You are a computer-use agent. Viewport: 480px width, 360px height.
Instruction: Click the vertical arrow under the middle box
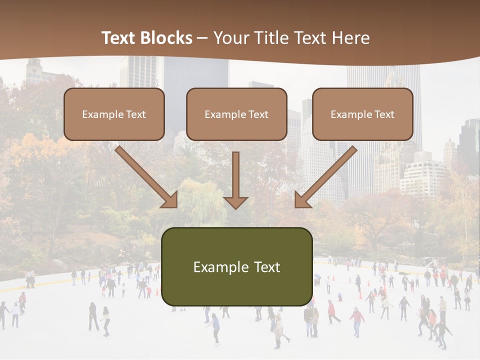tap(235, 180)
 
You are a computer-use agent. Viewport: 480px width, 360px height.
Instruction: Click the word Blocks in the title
tap(166, 38)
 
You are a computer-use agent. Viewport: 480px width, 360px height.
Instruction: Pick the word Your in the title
tap(229, 38)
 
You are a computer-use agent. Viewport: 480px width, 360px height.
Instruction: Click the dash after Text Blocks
tap(202, 38)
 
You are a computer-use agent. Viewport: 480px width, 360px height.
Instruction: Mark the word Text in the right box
tap(384, 114)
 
